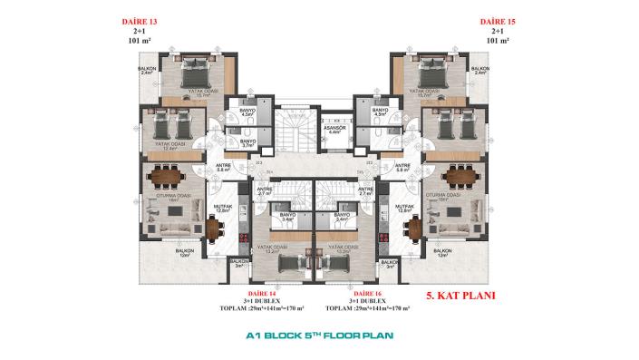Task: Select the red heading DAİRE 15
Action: point(498,19)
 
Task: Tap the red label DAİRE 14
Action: point(260,294)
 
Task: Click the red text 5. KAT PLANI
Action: point(460,296)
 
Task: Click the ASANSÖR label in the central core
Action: point(335,129)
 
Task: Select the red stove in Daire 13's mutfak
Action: point(242,238)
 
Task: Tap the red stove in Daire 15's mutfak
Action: point(383,238)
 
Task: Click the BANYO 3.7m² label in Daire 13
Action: point(247,143)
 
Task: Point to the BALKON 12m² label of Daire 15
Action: point(442,252)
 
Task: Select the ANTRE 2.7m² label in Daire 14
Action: point(266,191)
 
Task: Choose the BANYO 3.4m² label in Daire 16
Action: point(343,217)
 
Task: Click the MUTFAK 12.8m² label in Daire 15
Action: point(405,208)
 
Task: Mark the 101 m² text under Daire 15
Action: point(498,41)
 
